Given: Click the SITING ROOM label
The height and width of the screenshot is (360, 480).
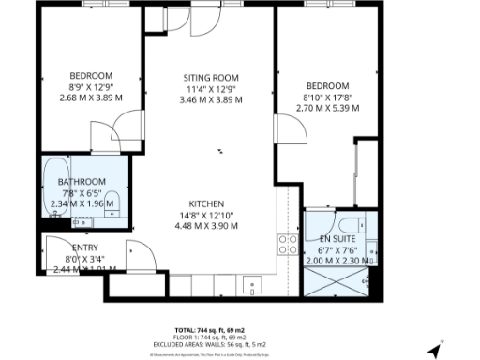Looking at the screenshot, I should [x=210, y=77].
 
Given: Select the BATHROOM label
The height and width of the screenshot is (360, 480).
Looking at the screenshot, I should [x=82, y=181].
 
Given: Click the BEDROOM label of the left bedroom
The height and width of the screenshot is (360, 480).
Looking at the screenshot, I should [x=91, y=76].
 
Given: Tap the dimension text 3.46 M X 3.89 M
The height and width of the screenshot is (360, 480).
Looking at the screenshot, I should [x=210, y=98].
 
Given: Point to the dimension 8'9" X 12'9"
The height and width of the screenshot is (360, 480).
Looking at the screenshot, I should [x=91, y=86].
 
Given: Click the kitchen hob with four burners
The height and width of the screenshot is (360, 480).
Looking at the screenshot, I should [x=287, y=245].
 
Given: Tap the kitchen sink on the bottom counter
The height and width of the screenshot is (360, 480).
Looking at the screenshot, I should [x=249, y=282].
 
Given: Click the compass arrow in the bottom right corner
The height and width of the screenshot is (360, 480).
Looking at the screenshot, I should [x=435, y=352].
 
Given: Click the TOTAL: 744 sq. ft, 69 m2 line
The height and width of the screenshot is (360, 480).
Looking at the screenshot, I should [x=209, y=330].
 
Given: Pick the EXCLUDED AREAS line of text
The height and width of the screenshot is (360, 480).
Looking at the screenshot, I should [x=209, y=344].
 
